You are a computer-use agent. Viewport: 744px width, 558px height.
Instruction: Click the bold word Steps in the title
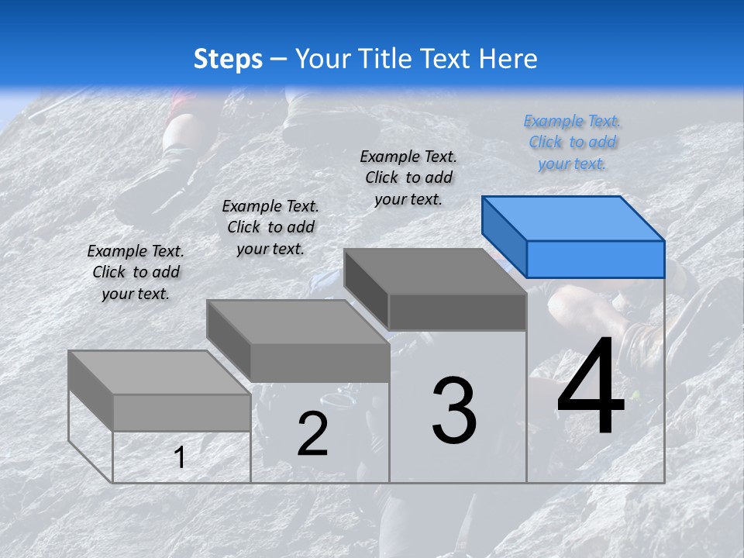point(228,59)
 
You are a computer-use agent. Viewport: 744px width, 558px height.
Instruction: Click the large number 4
point(591,387)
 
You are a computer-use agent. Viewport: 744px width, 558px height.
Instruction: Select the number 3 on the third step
point(454,411)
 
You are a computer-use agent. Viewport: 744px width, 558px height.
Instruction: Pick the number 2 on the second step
point(312,434)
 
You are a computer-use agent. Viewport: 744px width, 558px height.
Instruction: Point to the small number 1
point(180,457)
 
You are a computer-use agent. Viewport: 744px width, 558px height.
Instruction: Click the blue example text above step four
point(572,143)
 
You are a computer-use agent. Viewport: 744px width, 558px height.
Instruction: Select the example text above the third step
point(408,177)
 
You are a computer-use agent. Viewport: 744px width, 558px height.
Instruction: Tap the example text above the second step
point(270,227)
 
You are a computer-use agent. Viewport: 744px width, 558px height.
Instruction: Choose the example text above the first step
point(136,272)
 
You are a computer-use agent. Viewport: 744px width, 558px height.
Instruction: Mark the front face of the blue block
point(595,259)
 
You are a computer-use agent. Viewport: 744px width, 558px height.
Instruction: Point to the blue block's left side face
point(504,236)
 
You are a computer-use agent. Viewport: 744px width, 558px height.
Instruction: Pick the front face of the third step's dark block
point(457,312)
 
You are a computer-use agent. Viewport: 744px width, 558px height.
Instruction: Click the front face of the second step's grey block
point(319,363)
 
